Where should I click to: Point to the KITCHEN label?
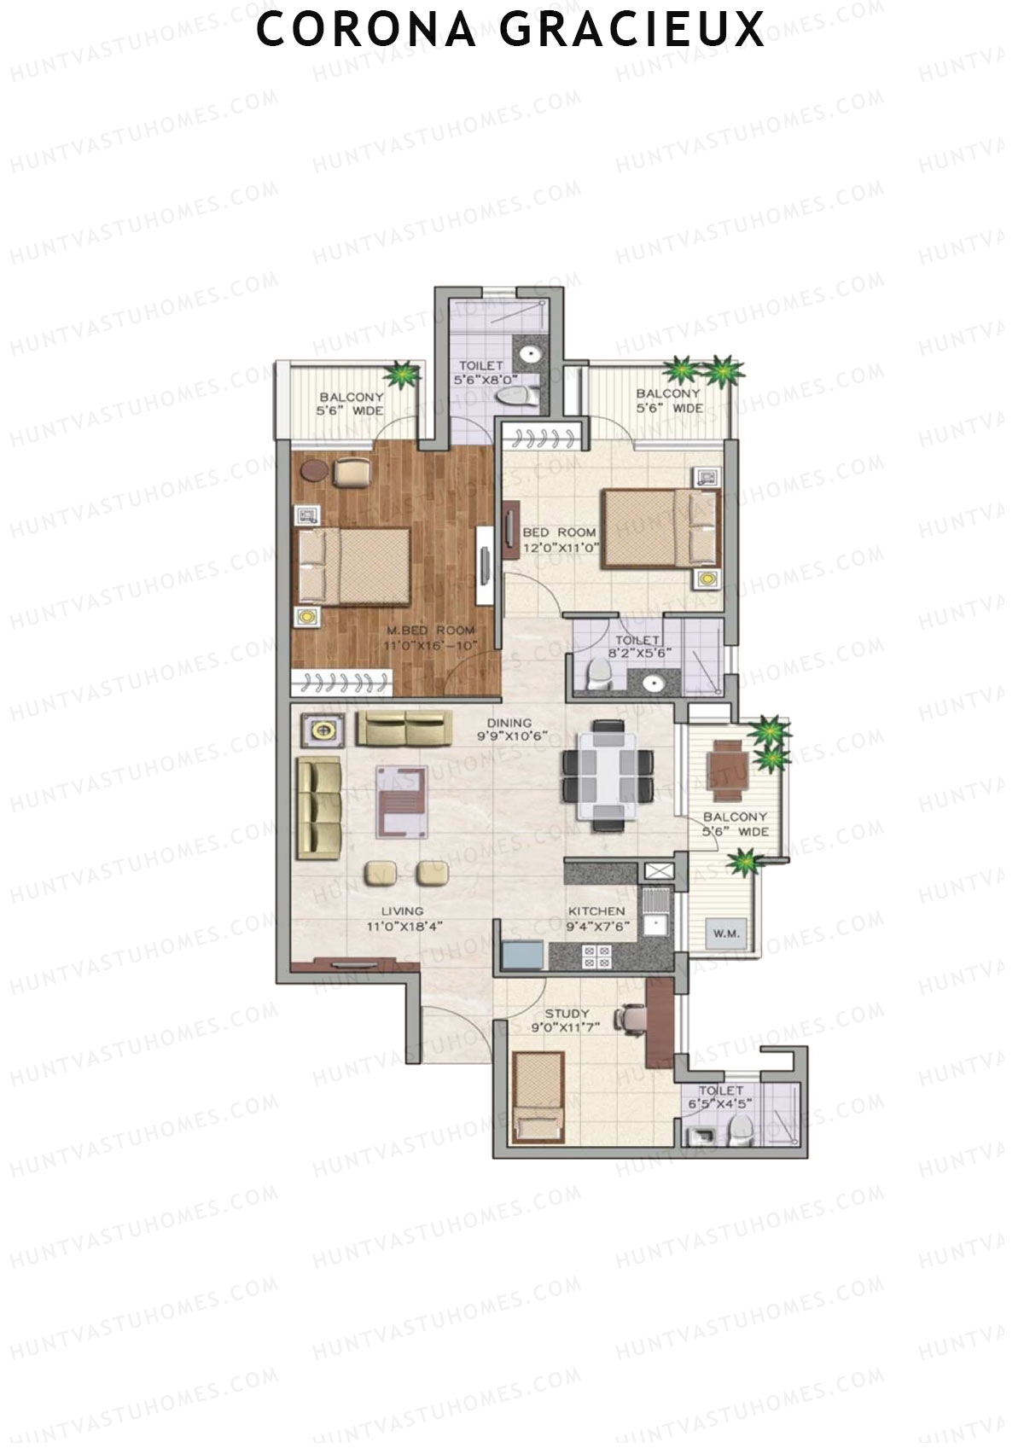coord(596,911)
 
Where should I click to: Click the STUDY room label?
coord(567,1014)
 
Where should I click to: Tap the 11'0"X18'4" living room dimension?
coord(403,926)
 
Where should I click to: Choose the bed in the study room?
coord(538,1096)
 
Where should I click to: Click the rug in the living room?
coord(402,800)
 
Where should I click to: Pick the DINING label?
coord(509,723)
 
